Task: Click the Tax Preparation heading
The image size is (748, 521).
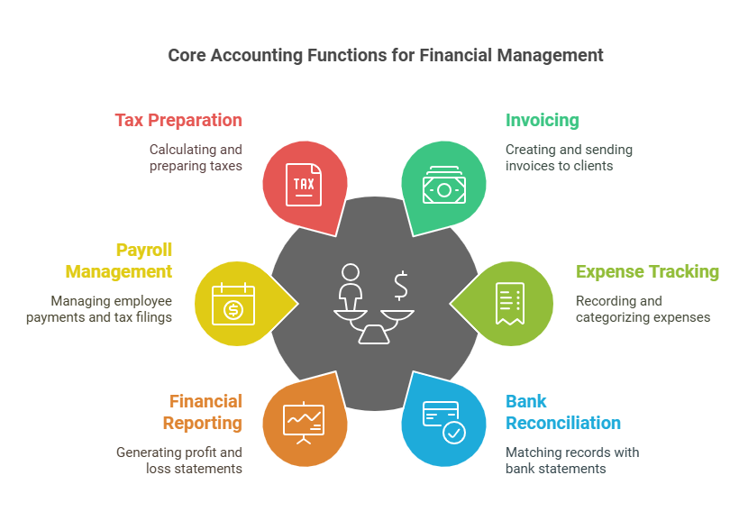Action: pos(178,120)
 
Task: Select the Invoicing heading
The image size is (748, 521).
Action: pos(542,120)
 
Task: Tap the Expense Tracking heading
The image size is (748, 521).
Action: pos(647,271)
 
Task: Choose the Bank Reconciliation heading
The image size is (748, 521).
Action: pos(562,412)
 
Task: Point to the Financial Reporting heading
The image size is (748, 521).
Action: pos(203,412)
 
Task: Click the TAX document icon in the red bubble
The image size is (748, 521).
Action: pos(304,184)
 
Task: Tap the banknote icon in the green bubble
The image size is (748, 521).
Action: pos(443,187)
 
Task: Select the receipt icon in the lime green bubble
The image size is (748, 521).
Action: pos(509,304)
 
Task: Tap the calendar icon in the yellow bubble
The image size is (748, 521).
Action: pos(233,304)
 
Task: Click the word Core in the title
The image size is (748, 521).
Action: pos(186,55)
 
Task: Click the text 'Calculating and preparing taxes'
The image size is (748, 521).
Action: pos(196,158)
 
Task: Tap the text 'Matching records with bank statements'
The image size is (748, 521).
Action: pos(572,460)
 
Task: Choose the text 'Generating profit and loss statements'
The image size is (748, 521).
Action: pos(178,460)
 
